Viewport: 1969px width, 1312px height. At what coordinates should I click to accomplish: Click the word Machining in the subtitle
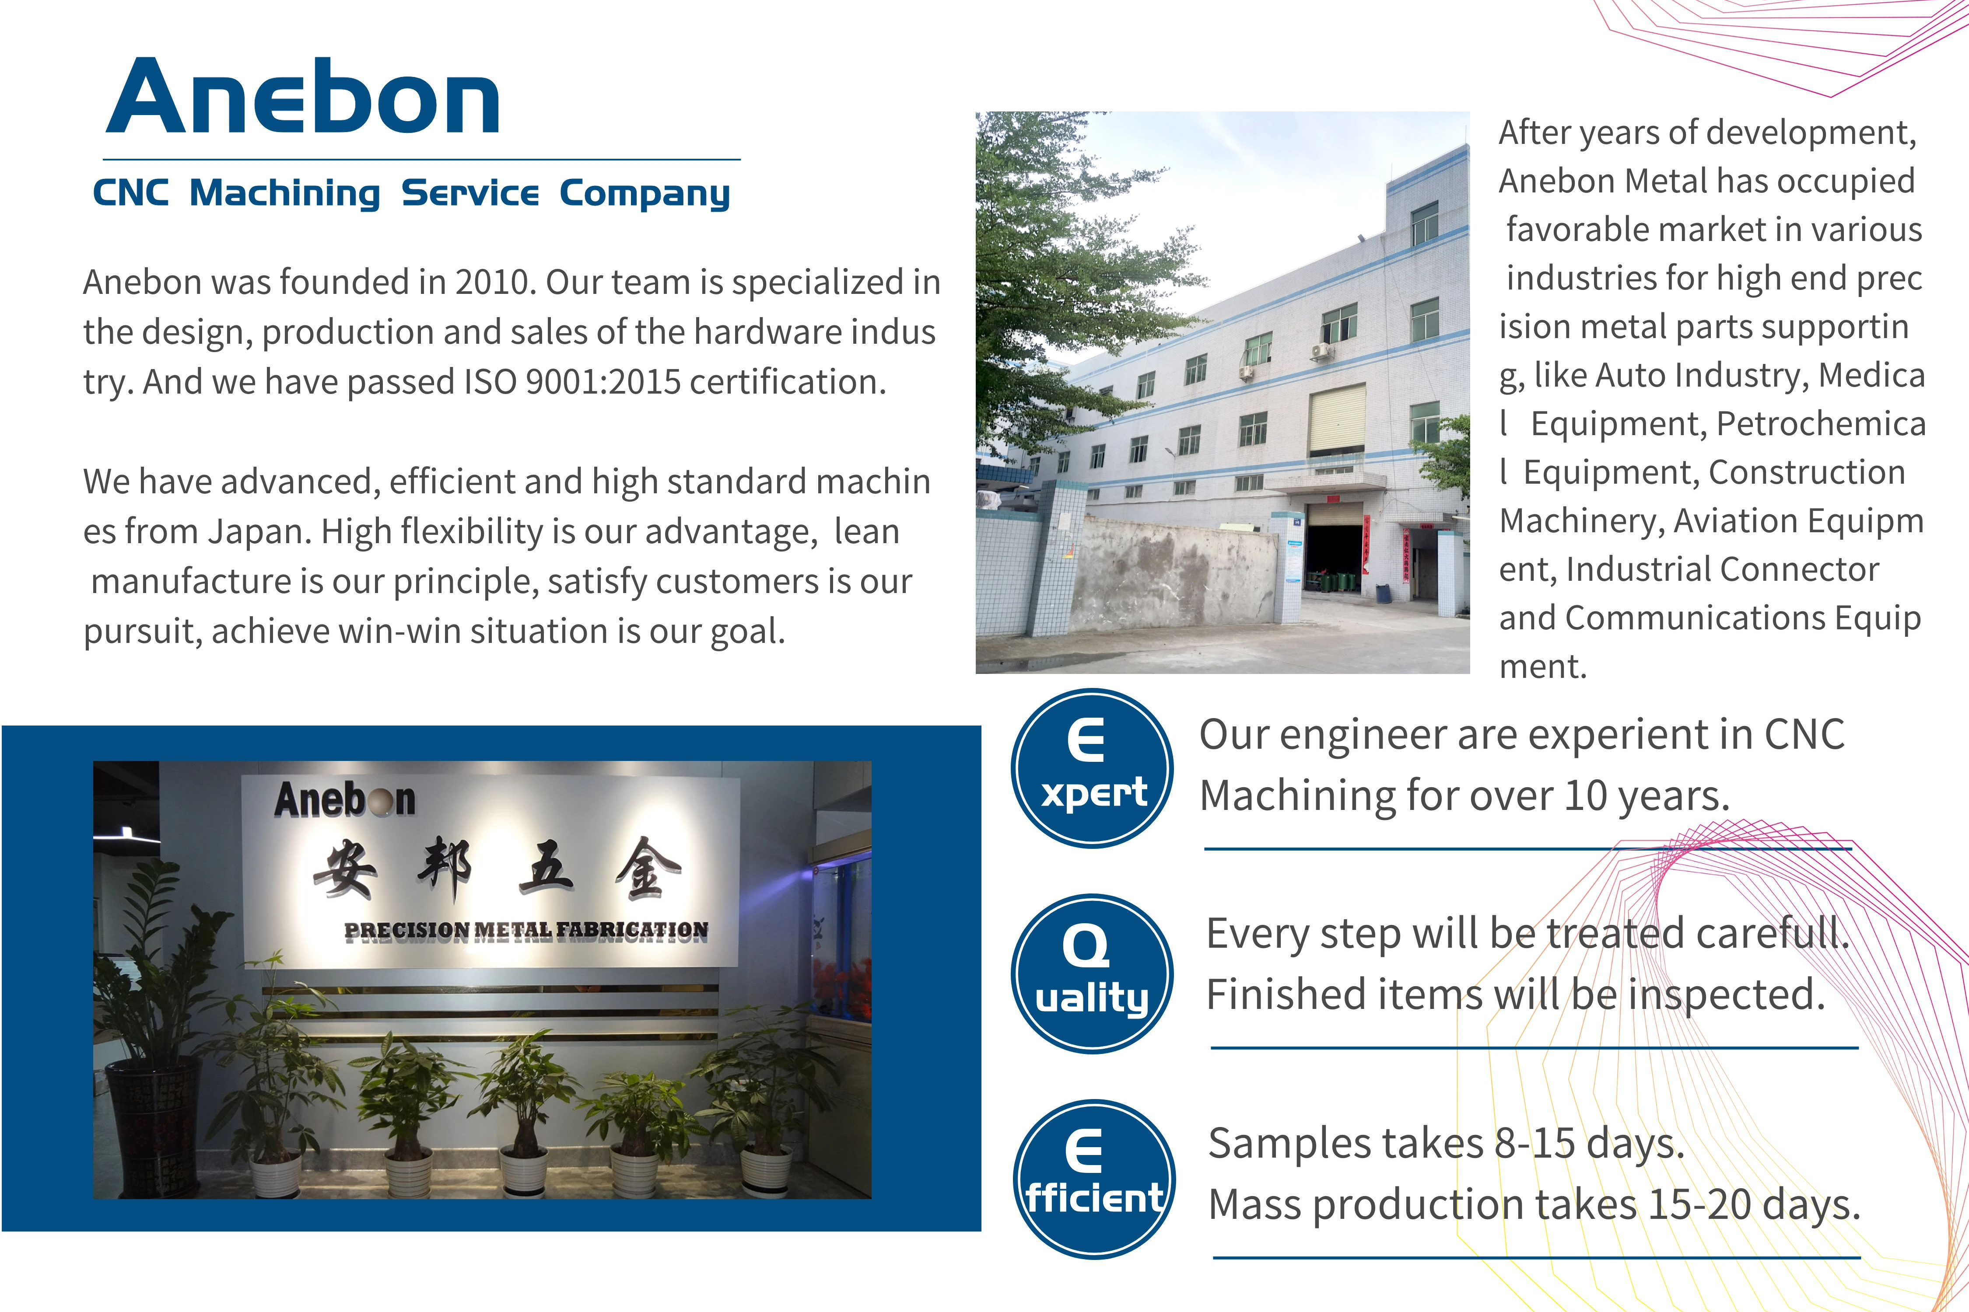tap(285, 193)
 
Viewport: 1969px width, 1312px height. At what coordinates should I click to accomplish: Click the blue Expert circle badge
tap(1092, 768)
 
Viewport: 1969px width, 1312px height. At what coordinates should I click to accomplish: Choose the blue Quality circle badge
tap(1092, 974)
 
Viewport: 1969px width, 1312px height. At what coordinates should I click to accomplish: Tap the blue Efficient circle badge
tap(1093, 1179)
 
